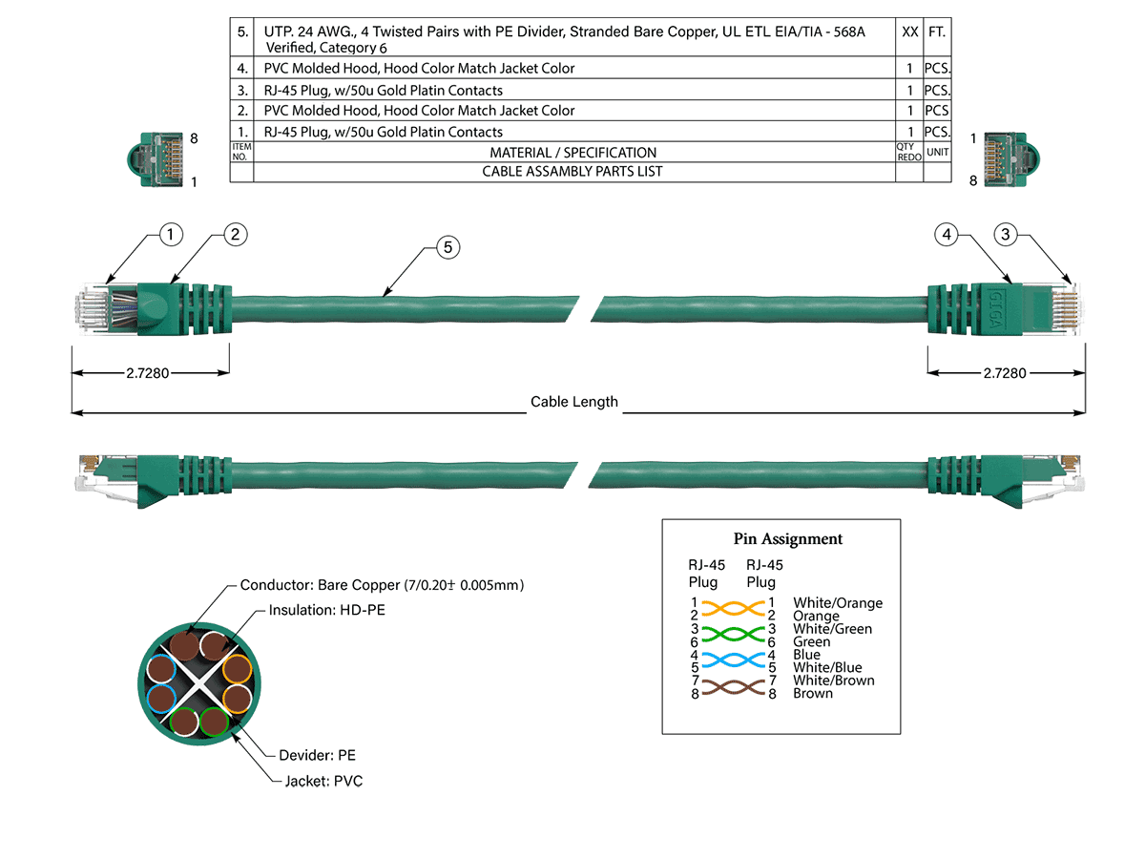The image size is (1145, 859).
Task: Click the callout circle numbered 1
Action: click(170, 234)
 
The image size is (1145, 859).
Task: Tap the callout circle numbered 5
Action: click(448, 247)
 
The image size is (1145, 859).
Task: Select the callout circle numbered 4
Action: click(946, 234)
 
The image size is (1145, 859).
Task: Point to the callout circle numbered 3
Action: click(1005, 234)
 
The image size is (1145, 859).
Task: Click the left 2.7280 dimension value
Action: click(148, 373)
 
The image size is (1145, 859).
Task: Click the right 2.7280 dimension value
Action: click(1005, 373)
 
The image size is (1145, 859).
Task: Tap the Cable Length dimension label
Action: click(573, 402)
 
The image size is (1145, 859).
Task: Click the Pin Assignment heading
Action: click(788, 538)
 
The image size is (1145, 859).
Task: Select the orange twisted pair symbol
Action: click(733, 609)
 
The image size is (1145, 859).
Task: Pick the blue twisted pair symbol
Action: click(733, 660)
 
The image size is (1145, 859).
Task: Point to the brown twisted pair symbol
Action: click(733, 687)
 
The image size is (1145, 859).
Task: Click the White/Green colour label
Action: click(833, 629)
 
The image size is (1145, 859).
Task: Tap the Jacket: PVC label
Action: click(323, 781)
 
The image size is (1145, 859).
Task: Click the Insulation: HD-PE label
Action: click(327, 610)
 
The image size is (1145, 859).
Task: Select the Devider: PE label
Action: click(317, 755)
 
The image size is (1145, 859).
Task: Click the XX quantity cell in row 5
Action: click(909, 31)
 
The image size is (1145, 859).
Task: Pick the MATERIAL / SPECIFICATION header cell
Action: click(572, 153)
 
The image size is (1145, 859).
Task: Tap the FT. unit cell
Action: click(937, 31)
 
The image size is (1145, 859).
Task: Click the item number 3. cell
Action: click(242, 91)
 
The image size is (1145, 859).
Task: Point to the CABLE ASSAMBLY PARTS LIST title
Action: click(572, 172)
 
